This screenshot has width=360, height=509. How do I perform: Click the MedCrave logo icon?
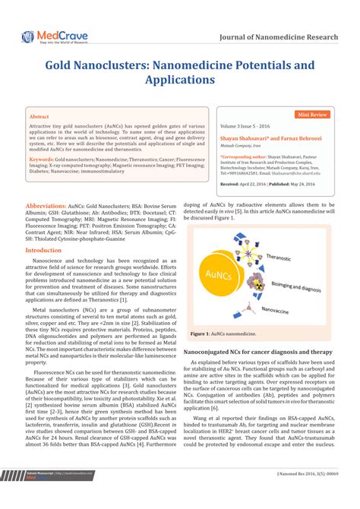(28, 36)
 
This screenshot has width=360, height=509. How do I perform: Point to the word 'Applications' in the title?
(179, 78)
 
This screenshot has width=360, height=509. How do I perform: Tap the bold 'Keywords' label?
(42, 160)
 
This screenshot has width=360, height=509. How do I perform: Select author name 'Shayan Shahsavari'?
(245, 138)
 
